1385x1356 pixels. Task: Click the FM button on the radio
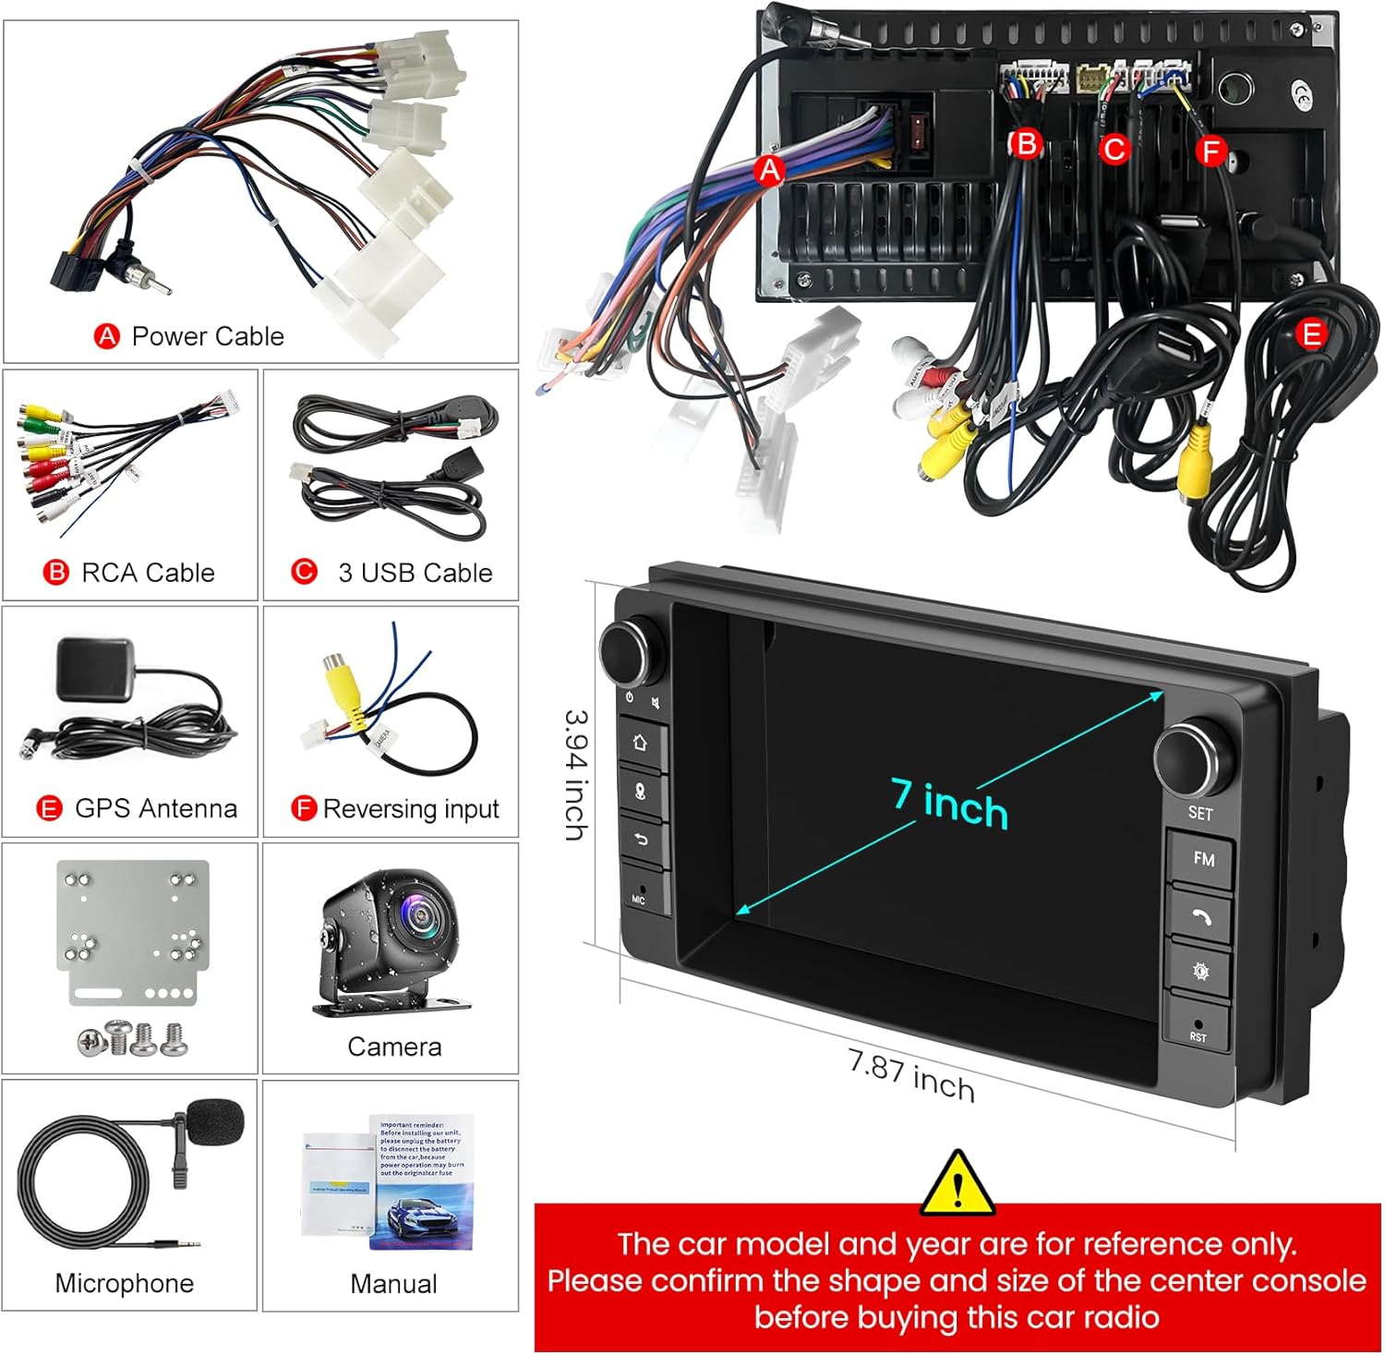(1202, 859)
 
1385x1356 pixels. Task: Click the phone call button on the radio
(1200, 916)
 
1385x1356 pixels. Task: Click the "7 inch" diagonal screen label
(949, 803)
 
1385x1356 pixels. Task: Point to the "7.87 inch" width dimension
(910, 1075)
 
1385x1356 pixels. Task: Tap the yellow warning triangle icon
(957, 1185)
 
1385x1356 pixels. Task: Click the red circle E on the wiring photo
(1311, 333)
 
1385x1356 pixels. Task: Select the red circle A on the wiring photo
(769, 170)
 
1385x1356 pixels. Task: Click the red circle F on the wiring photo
(1210, 151)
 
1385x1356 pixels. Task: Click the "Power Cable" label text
(208, 336)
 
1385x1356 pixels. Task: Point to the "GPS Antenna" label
(155, 808)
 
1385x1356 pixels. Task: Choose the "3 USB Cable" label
(415, 573)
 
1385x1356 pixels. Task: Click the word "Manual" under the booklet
(393, 1283)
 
